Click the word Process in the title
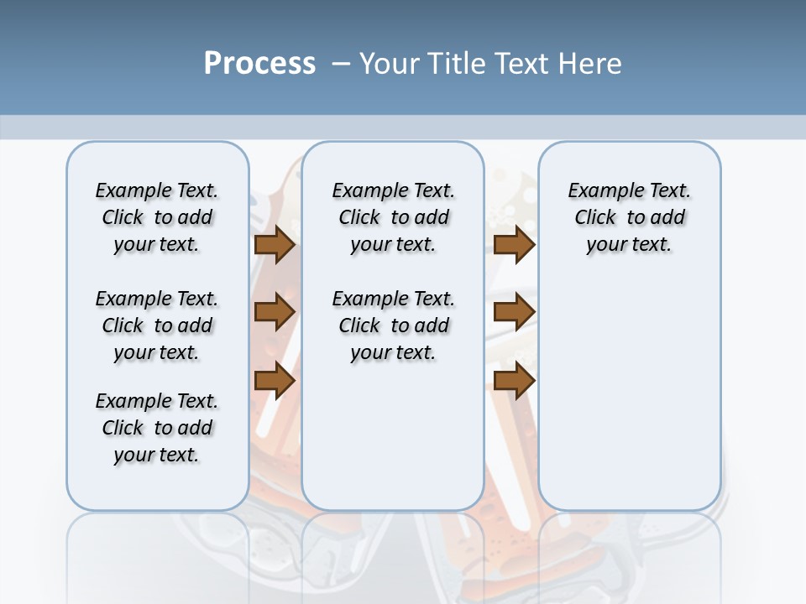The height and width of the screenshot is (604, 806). click(x=259, y=63)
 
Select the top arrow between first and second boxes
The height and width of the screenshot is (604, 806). click(x=274, y=245)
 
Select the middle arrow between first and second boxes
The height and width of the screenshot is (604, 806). click(x=274, y=313)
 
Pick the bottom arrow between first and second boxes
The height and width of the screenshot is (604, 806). click(x=274, y=381)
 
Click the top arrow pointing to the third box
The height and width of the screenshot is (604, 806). click(x=514, y=245)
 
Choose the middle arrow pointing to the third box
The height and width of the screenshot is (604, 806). click(x=514, y=313)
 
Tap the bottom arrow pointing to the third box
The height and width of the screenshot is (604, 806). click(x=514, y=381)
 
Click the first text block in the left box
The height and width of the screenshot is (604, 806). click(x=157, y=217)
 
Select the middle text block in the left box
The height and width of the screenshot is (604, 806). click(x=157, y=325)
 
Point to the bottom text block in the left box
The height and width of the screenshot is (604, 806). click(x=157, y=428)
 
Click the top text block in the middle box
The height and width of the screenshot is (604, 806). click(x=394, y=217)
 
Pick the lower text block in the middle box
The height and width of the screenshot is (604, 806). click(x=394, y=325)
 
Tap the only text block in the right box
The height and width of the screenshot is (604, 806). click(x=630, y=217)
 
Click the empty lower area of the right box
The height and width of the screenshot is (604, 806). click(x=630, y=394)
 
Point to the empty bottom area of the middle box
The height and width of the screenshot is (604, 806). click(x=394, y=445)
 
